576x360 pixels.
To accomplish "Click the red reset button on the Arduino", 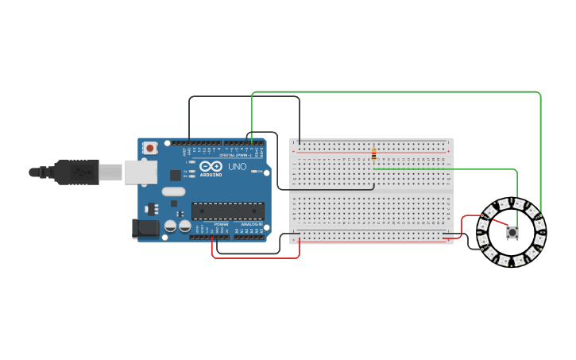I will (149, 148).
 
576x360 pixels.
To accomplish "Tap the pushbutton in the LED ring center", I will (512, 233).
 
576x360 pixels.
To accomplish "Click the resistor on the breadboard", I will (373, 155).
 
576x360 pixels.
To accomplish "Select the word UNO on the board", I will (238, 167).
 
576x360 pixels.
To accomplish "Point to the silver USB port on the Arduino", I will (141, 172).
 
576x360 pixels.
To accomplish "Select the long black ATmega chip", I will (228, 211).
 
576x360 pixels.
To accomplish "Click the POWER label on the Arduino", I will (221, 225).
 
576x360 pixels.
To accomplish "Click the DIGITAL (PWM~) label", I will (238, 154).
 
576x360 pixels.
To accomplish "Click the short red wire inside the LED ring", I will (498, 223).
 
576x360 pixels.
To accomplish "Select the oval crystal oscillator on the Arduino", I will (173, 192).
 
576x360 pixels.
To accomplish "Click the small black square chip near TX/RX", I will (175, 175).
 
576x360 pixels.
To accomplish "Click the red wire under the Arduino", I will (254, 257).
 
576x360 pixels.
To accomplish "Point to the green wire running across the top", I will (397, 92).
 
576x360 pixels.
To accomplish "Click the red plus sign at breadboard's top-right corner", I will (448, 151).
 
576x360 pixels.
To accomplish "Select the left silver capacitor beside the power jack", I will (170, 226).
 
